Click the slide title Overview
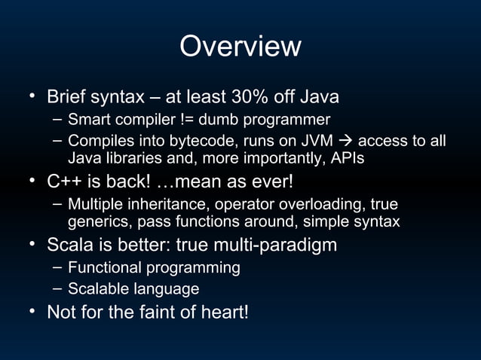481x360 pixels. pos(240,47)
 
